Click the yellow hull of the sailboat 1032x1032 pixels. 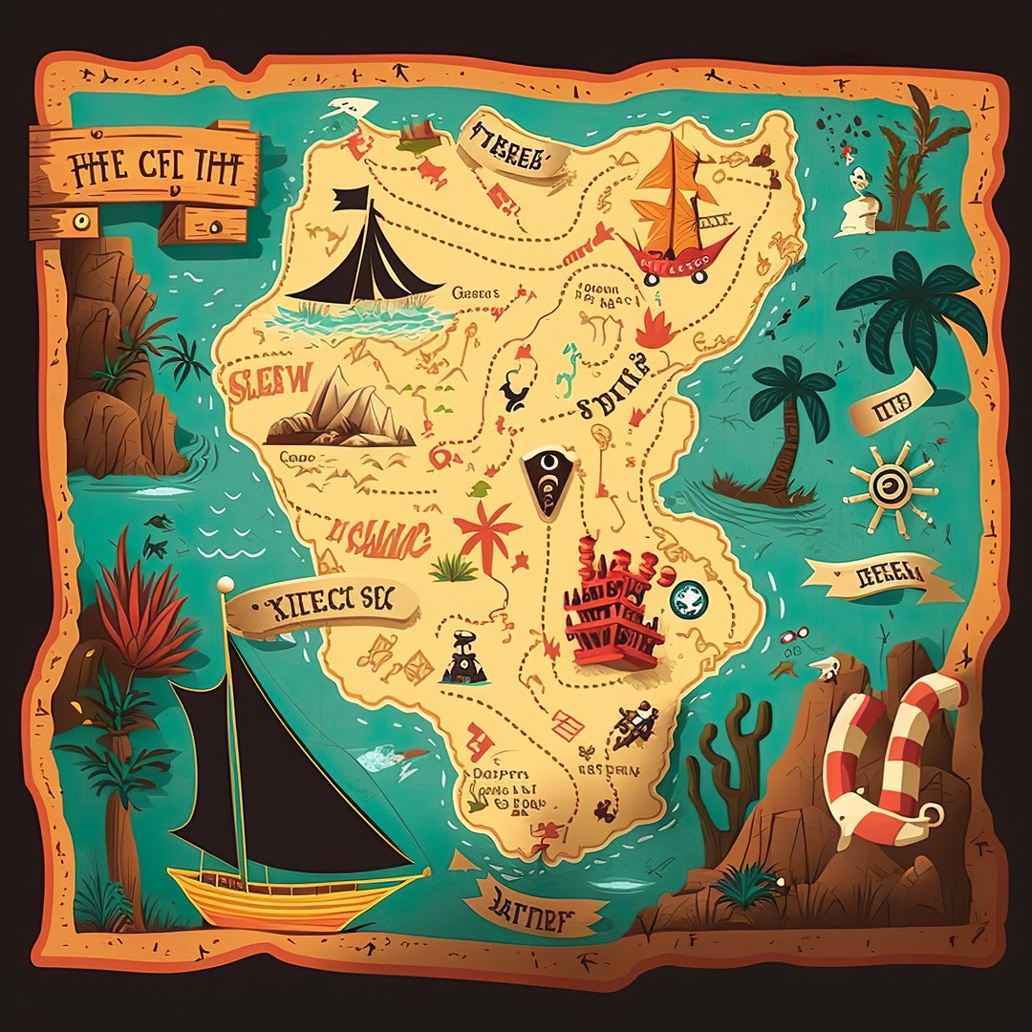tap(287, 894)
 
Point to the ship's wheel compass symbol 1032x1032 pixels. tap(890, 485)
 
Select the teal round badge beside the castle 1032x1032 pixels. tap(687, 599)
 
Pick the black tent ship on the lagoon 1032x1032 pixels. tap(368, 253)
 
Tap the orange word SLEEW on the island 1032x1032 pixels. tap(269, 379)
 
